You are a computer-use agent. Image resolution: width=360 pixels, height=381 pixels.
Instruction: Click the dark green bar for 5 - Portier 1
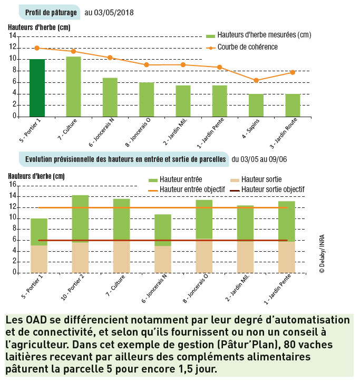click(37, 88)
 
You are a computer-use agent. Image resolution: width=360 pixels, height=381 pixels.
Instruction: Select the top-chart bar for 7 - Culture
click(74, 87)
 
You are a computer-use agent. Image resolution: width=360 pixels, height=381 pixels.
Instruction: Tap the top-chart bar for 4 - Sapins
click(256, 105)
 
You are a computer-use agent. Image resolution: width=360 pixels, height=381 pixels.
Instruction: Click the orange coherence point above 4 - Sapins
click(256, 80)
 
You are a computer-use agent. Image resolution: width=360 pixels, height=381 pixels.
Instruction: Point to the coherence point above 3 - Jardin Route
click(293, 72)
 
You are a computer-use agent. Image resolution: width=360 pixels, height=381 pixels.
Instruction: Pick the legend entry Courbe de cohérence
click(242, 47)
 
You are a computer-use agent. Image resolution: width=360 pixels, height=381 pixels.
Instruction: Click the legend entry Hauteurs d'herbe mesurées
click(258, 35)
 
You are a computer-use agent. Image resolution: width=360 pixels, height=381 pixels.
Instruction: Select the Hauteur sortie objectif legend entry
click(267, 189)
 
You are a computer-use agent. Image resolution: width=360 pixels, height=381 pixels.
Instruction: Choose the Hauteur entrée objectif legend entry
click(187, 189)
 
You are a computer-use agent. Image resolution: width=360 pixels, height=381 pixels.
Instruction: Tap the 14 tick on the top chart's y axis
click(13, 36)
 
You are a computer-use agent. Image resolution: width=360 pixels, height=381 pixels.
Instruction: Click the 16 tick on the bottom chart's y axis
click(13, 184)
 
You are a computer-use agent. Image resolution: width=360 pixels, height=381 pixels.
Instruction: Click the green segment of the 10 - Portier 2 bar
click(80, 219)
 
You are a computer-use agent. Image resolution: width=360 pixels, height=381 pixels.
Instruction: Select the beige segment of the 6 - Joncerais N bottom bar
click(163, 259)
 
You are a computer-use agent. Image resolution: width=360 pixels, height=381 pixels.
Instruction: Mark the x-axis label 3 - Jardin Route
click(283, 133)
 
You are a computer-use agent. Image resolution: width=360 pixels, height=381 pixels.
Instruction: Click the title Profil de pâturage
click(51, 13)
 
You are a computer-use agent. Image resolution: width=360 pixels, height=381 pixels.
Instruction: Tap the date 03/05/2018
click(114, 13)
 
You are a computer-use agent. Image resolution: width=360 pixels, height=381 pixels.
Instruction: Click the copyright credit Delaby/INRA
click(322, 254)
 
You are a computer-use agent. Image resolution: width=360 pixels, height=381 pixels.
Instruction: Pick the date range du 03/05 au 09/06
click(259, 159)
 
